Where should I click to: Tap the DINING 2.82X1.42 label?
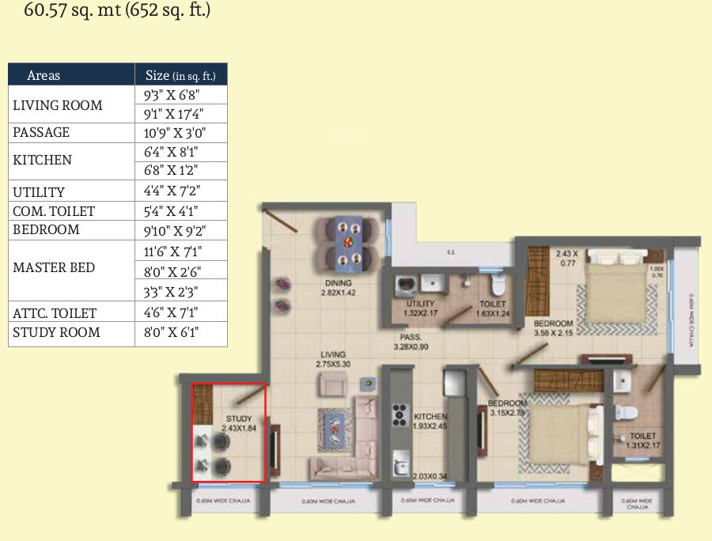[x=338, y=287]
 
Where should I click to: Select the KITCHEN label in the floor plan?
[x=430, y=417]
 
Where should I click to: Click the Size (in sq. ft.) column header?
[x=181, y=75]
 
